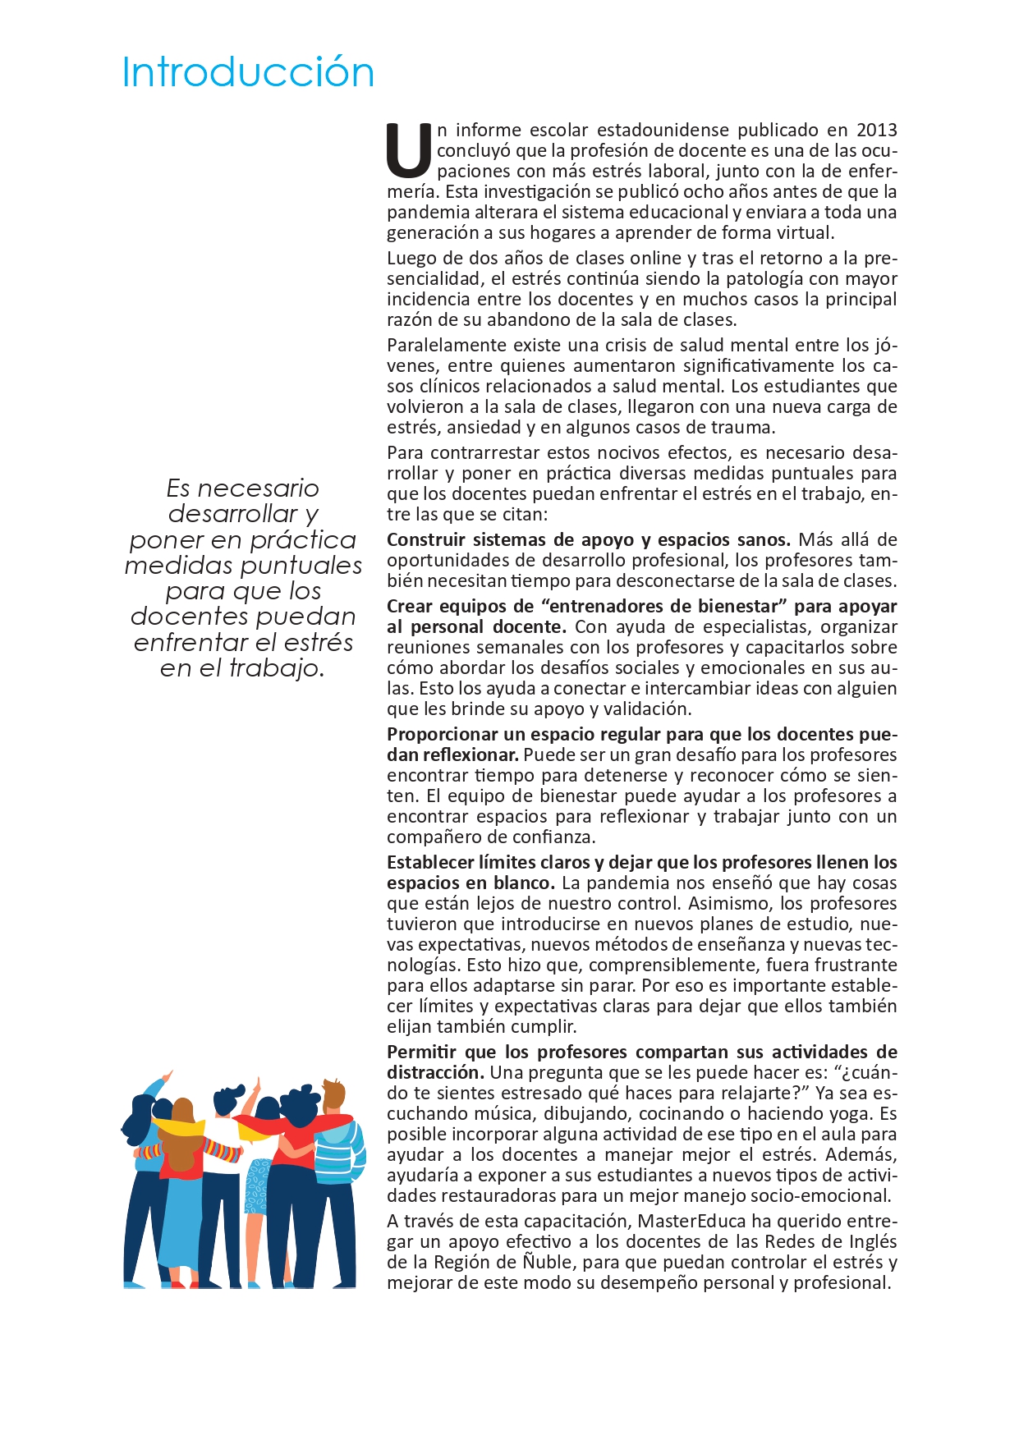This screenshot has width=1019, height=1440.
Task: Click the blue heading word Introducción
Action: point(248,73)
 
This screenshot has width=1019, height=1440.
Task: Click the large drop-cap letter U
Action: point(408,151)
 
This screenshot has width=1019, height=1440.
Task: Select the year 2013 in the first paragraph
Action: point(876,130)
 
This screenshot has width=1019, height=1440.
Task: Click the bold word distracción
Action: point(434,1072)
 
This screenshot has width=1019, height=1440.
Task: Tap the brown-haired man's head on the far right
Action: point(334,1095)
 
